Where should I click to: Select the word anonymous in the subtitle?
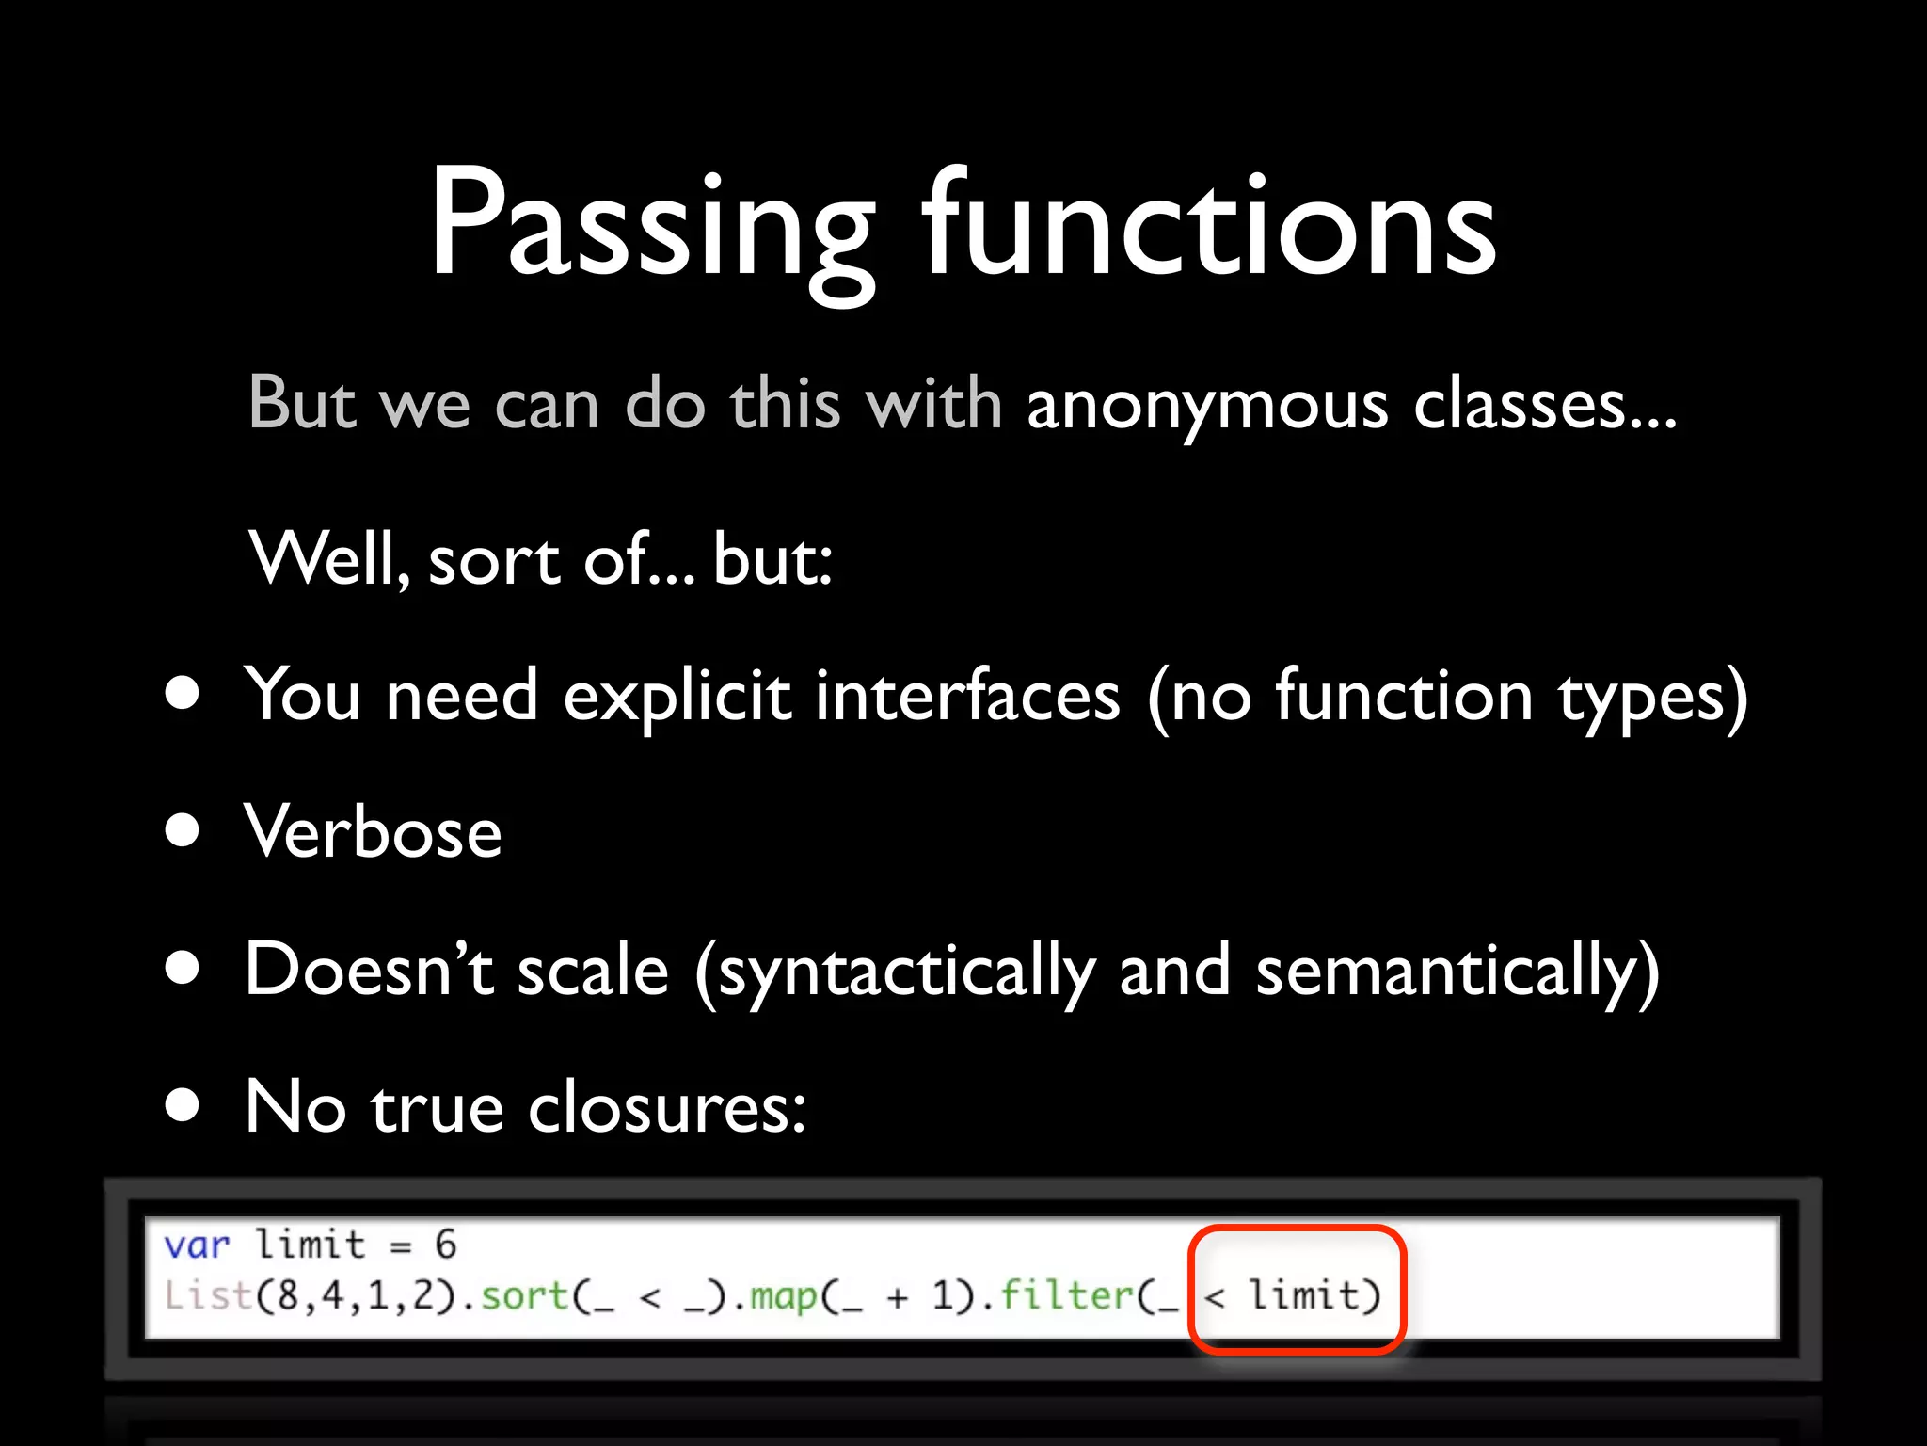click(1207, 405)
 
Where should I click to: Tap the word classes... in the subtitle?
click(1544, 405)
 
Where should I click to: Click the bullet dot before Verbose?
click(182, 830)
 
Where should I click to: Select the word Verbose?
click(373, 832)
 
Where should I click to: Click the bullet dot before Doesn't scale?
click(182, 968)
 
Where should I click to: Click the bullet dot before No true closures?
click(182, 1105)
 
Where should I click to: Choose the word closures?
click(666, 1107)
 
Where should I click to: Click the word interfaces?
click(968, 697)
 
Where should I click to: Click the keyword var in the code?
click(197, 1245)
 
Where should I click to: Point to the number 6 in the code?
click(446, 1245)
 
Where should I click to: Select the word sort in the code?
click(524, 1295)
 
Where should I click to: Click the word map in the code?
click(784, 1295)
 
